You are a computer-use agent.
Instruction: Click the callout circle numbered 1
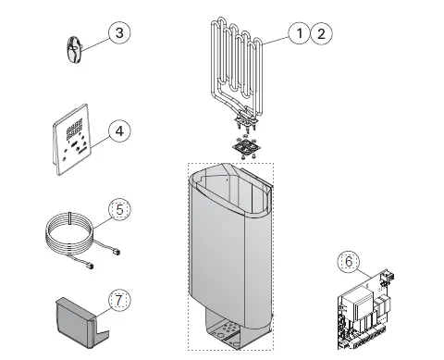pyautogui.click(x=298, y=33)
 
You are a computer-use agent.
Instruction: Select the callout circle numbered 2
pyautogui.click(x=320, y=33)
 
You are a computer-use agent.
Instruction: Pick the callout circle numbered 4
pyautogui.click(x=117, y=130)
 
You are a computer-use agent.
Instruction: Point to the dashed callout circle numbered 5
pyautogui.click(x=118, y=209)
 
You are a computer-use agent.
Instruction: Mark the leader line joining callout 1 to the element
pyautogui.click(x=276, y=40)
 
